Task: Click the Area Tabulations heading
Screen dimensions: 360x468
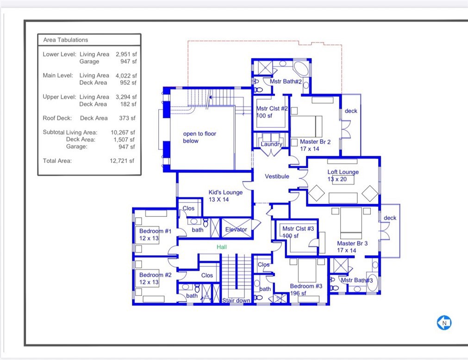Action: pos(65,40)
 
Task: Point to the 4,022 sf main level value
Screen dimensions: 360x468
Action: pos(126,75)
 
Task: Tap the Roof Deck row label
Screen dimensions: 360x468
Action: pos(57,118)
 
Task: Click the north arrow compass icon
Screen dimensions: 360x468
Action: pos(444,322)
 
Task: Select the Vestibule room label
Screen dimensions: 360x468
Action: pos(277,177)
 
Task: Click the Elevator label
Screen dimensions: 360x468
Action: pos(236,230)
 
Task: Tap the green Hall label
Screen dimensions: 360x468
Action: pos(222,247)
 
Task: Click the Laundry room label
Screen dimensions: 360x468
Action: pos(271,144)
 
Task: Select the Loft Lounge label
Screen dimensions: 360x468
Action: pos(343,172)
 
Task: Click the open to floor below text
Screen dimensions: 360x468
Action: pos(200,138)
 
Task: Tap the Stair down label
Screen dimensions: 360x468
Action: pos(236,301)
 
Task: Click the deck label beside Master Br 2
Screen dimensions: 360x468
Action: pos(351,111)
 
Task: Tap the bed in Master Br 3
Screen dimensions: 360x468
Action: pos(351,222)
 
